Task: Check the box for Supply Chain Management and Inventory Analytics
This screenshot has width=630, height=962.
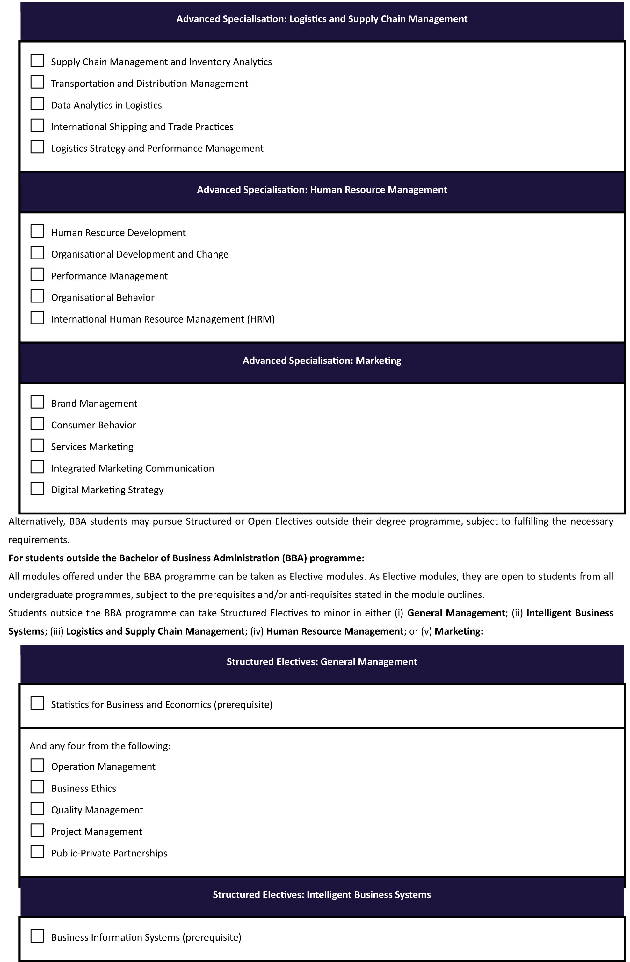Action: click(37, 61)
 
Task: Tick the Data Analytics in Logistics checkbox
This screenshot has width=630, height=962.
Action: click(37, 104)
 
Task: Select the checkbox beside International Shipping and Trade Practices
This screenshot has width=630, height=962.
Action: click(37, 125)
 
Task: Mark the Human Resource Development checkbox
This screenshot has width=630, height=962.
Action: click(37, 231)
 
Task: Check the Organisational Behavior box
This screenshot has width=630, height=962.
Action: click(37, 296)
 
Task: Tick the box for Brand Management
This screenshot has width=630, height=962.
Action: click(37, 402)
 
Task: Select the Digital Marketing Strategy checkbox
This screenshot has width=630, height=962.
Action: click(37, 489)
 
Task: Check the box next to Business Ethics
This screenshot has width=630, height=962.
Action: click(37, 787)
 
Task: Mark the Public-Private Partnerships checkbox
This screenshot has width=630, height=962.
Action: click(37, 852)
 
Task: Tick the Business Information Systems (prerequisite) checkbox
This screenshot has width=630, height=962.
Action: click(37, 936)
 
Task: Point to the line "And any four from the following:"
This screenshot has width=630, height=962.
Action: click(100, 746)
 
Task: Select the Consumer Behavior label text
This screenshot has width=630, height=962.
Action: click(93, 425)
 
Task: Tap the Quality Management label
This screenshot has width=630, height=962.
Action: click(97, 810)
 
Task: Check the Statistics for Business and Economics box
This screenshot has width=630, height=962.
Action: click(37, 703)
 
